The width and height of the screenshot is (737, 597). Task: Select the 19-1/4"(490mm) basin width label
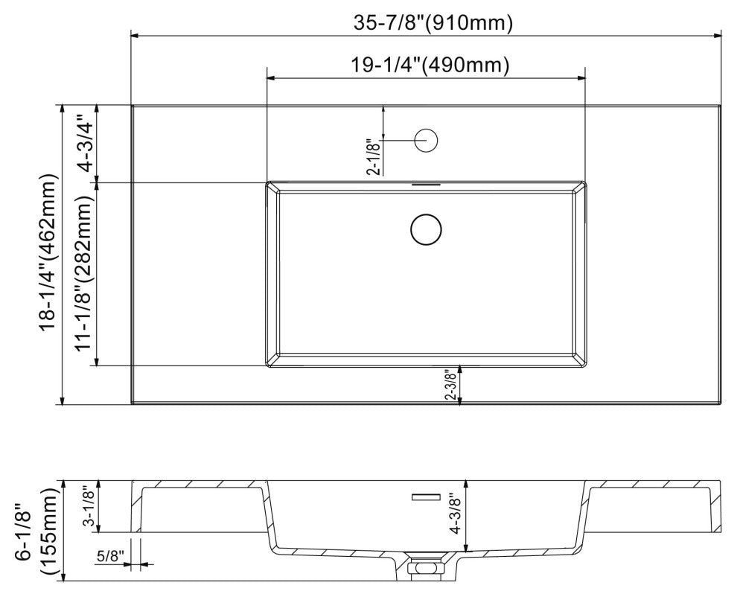point(430,66)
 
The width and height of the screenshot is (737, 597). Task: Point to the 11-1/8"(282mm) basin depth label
point(83,274)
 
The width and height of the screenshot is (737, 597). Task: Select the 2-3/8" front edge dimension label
point(451,386)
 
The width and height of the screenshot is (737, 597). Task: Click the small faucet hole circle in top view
point(426,139)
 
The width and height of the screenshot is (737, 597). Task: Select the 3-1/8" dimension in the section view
point(87,506)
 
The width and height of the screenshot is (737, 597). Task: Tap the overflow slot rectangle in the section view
point(427,496)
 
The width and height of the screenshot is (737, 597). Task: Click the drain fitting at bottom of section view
point(426,567)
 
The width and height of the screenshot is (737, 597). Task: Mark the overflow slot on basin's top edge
point(426,183)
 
